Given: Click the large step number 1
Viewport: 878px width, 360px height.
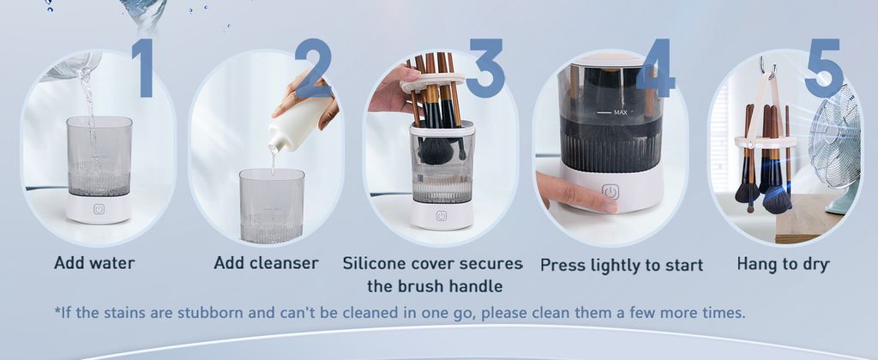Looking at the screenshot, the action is (x=144, y=67).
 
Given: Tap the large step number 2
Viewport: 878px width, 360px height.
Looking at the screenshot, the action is (x=314, y=68).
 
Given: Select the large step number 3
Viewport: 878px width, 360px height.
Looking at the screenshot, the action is (x=486, y=68).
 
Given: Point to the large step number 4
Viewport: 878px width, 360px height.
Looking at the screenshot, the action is (x=656, y=68).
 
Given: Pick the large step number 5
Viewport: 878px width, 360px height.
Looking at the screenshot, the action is (x=824, y=68).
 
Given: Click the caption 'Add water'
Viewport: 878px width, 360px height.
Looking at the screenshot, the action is (x=94, y=262).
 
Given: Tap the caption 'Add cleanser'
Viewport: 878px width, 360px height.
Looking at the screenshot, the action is (x=266, y=262).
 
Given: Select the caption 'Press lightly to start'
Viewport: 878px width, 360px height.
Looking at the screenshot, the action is (x=622, y=266).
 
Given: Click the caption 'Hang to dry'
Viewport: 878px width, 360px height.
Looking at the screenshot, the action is (x=783, y=264).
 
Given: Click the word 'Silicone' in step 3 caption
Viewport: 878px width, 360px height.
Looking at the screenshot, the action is (x=374, y=263).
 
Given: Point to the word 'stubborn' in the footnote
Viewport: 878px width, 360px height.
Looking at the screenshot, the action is (x=210, y=312).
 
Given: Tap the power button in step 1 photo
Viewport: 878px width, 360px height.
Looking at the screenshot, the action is (x=99, y=209).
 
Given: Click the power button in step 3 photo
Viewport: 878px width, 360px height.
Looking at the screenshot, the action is (x=442, y=215).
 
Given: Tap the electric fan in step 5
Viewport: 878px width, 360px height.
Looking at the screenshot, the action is (x=835, y=148).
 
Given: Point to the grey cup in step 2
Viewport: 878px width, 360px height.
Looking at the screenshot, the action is (x=272, y=206).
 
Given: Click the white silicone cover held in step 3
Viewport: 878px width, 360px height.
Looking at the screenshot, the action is (x=432, y=82).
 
